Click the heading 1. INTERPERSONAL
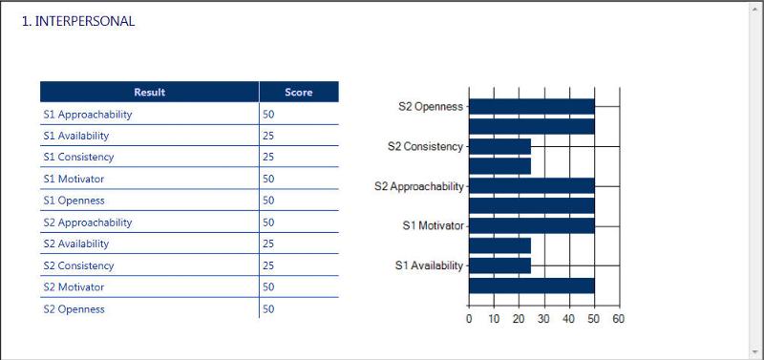(78, 22)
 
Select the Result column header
(149, 93)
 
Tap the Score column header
(298, 93)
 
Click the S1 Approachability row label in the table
(88, 115)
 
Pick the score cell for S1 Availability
(268, 136)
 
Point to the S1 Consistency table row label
(78, 158)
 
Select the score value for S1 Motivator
(268, 179)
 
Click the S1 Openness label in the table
(74, 201)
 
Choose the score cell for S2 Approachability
(268, 222)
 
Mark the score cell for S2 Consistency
(268, 265)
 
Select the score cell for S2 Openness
(268, 309)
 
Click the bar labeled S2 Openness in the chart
(531, 106)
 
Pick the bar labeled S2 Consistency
(499, 146)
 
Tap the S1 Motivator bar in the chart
(531, 225)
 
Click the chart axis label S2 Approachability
(418, 186)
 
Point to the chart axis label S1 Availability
(429, 265)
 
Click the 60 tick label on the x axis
(618, 319)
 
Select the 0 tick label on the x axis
(469, 319)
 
